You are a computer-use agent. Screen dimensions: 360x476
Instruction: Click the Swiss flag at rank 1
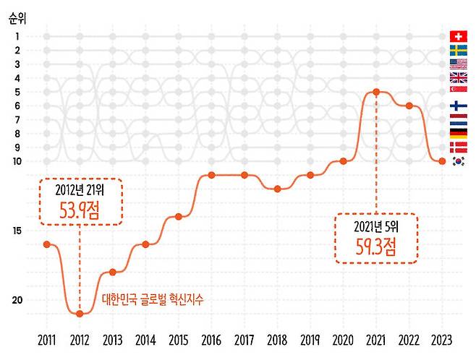click(x=457, y=36)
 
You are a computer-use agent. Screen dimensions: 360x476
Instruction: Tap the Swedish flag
click(x=457, y=50)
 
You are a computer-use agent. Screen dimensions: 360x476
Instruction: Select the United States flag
click(x=457, y=64)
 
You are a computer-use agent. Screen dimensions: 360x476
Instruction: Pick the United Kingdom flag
click(x=457, y=78)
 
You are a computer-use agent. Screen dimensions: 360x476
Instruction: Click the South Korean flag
click(x=457, y=161)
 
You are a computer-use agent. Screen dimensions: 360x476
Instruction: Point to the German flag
click(x=457, y=134)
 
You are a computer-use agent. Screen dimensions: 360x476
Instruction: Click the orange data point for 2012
click(x=80, y=314)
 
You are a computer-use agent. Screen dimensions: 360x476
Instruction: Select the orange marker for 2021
click(x=376, y=92)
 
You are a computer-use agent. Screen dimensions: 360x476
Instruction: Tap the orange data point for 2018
click(x=277, y=189)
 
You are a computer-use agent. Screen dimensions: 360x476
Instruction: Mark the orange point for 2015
click(x=178, y=217)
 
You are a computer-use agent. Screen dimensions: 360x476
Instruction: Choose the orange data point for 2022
click(x=409, y=106)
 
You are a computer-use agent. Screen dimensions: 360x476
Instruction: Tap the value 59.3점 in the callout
click(x=376, y=246)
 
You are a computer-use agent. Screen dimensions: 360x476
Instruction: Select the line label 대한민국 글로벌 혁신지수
click(x=153, y=298)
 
